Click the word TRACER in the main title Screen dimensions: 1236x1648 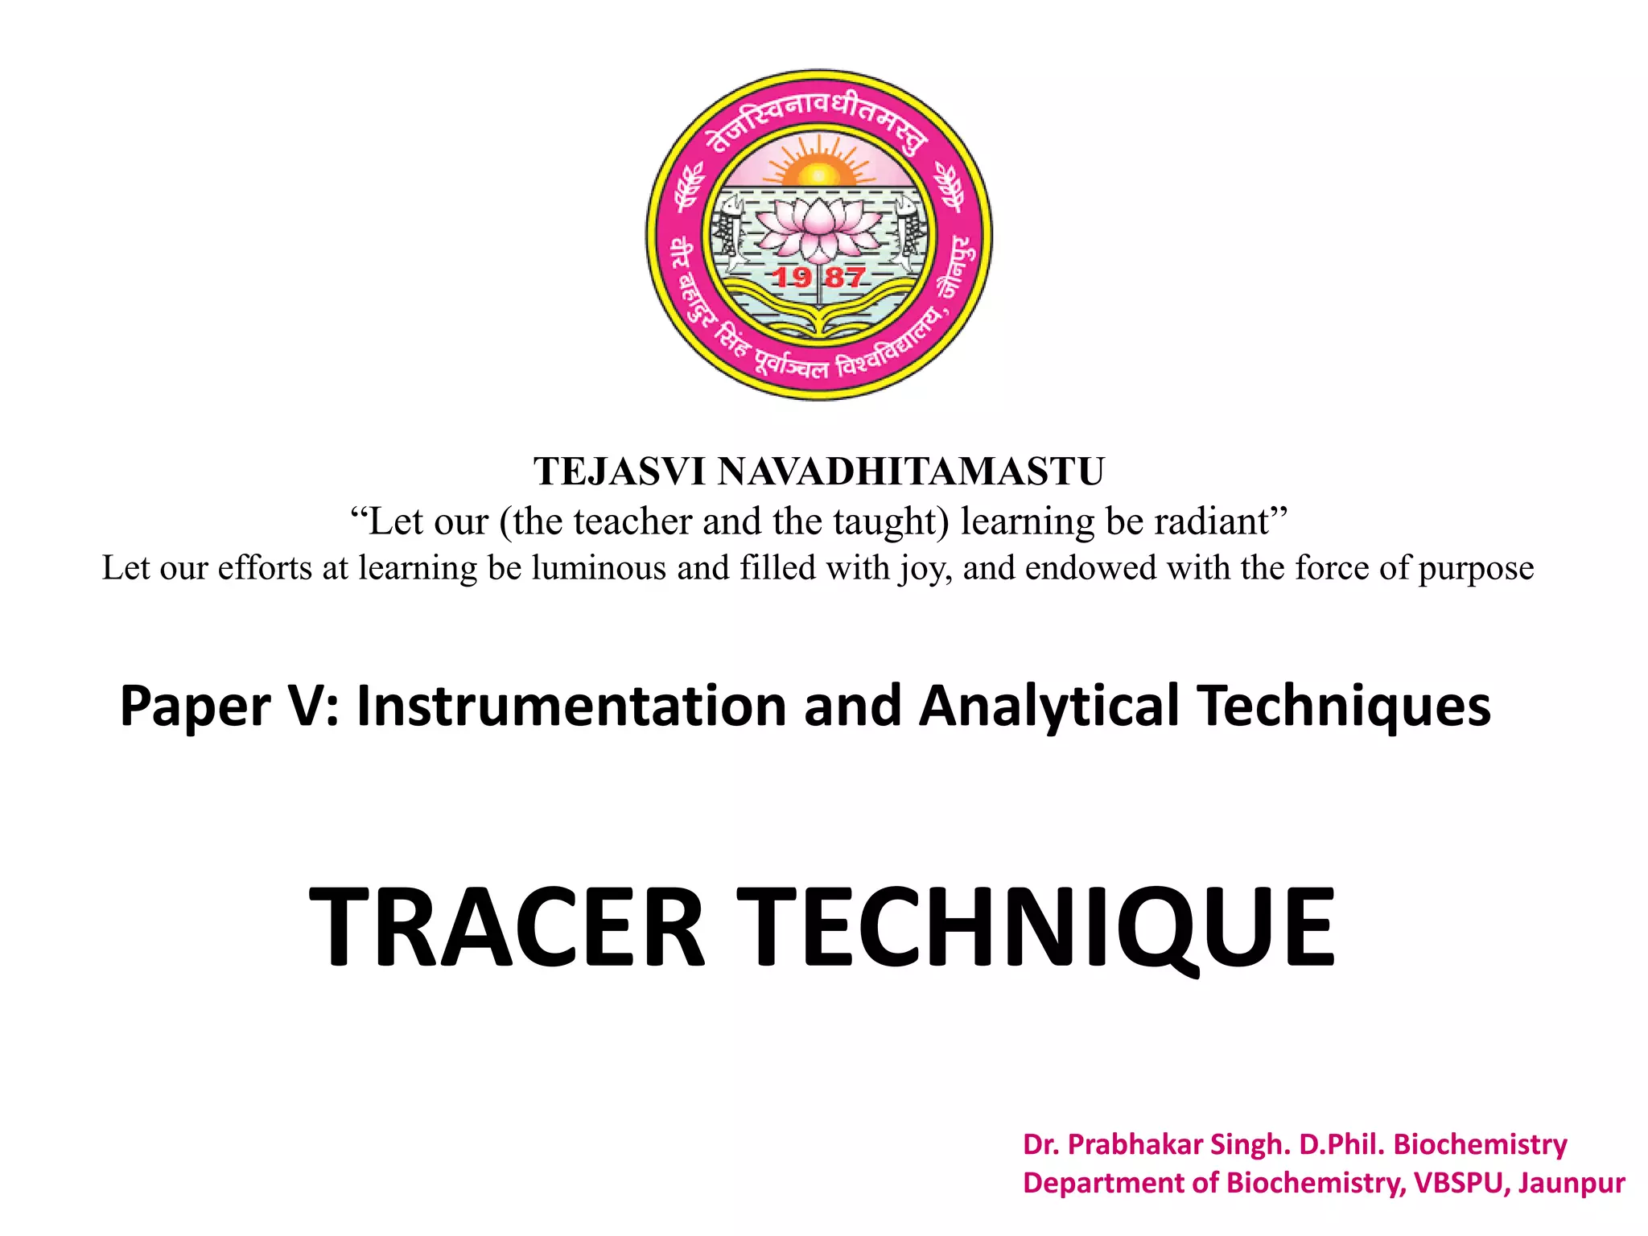tap(507, 927)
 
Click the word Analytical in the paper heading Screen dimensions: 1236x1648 tap(1049, 706)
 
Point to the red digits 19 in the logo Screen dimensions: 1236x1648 tap(792, 278)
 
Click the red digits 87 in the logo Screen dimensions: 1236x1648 tap(845, 278)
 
